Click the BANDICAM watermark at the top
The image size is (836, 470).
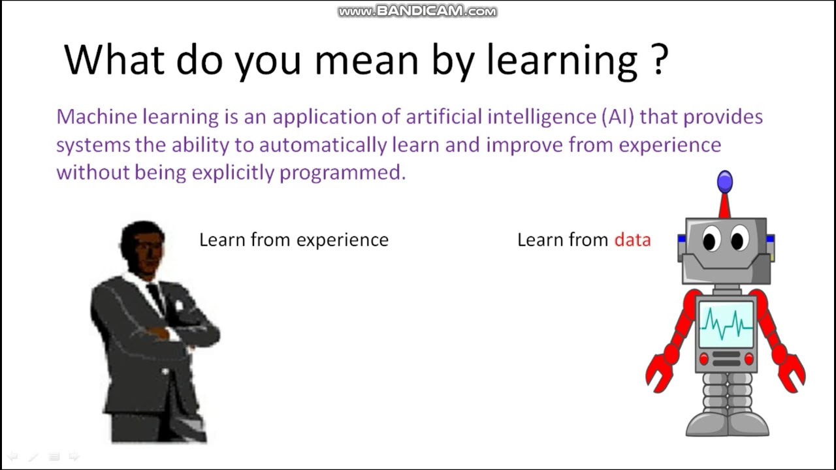417,11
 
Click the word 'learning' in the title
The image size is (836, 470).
562,61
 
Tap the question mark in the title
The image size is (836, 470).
659,59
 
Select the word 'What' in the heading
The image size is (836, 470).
114,59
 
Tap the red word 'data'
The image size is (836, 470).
632,240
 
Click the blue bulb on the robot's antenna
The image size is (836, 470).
725,182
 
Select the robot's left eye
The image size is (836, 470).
711,238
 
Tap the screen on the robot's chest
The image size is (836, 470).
726,324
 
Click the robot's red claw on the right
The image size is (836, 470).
792,373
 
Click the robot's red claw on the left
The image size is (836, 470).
659,373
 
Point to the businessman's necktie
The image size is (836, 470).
156,298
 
